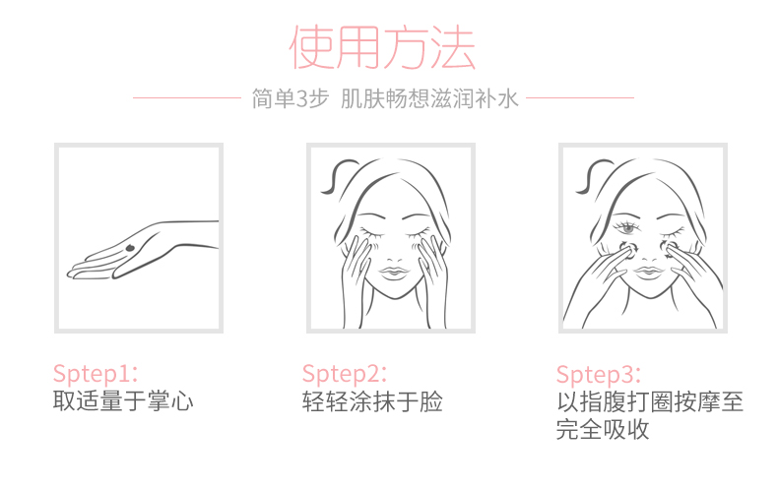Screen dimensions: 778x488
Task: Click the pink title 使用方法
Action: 382,47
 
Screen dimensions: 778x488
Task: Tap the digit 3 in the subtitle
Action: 301,98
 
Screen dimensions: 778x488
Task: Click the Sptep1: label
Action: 96,374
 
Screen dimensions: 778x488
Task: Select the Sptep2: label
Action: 345,374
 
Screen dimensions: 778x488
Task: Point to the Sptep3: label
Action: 599,375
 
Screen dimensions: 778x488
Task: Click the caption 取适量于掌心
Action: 123,400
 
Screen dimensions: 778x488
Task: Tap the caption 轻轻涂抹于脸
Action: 372,400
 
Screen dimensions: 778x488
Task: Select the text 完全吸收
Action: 603,430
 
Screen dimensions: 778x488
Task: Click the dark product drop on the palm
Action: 131,248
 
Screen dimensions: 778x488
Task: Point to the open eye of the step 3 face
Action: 627,227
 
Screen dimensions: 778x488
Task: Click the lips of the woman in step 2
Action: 395,273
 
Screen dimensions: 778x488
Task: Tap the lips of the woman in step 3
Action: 648,272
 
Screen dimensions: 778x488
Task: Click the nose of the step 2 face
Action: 395,257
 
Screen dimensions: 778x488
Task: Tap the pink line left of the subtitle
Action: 186,97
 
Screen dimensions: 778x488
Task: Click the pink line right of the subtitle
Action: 579,97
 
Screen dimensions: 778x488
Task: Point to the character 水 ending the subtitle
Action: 508,98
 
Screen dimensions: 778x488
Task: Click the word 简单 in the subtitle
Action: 274,98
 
